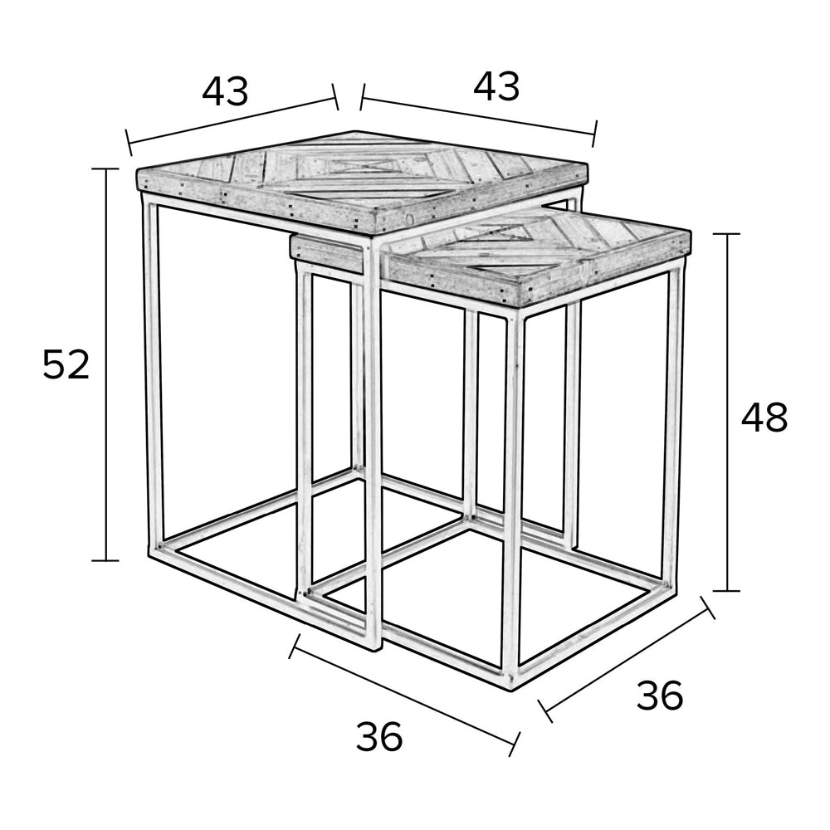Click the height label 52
(66, 364)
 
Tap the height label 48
(764, 417)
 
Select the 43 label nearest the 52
(225, 90)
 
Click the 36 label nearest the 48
(660, 696)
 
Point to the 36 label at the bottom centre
(379, 736)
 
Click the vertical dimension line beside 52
(106, 364)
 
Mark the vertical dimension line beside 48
(726, 413)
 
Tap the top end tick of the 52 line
(106, 168)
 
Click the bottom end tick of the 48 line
(726, 591)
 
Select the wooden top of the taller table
(362, 182)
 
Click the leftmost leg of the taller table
(152, 370)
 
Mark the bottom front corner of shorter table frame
(510, 683)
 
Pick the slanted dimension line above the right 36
(626, 660)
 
